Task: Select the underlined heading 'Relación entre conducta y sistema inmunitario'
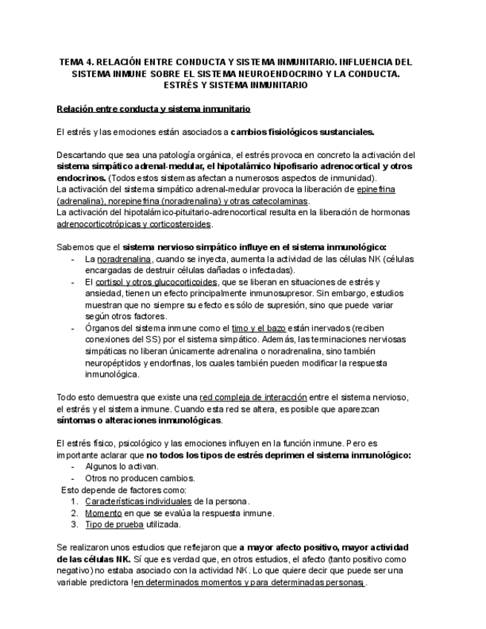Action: pos(154,109)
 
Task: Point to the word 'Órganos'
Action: pos(102,328)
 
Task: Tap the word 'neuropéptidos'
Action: pos(114,363)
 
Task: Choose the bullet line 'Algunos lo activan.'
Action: pos(121,467)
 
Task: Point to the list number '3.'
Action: pos(75,524)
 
